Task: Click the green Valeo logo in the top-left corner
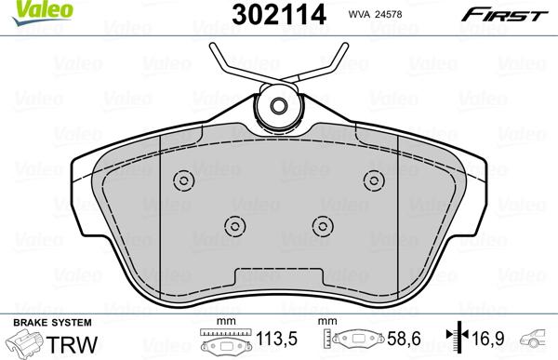[x=22, y=9]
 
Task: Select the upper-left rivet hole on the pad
[x=183, y=180]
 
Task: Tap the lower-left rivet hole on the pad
[x=234, y=224]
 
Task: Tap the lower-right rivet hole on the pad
[x=323, y=224]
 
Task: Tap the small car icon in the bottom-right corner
[x=538, y=340]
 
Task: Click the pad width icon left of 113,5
[x=221, y=341]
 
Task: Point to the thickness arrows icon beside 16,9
[x=454, y=340]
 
